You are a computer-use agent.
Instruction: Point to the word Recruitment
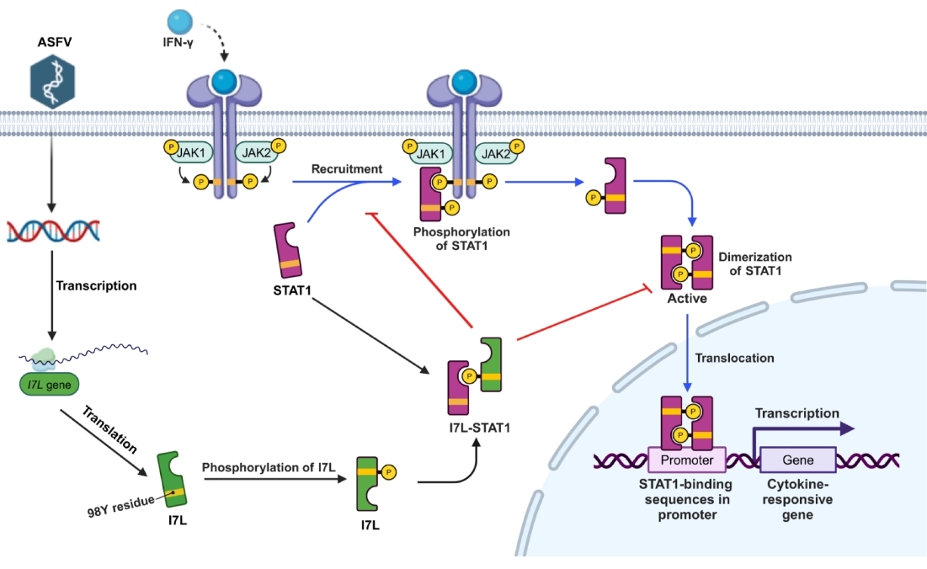click(347, 169)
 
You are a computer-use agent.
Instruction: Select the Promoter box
click(686, 460)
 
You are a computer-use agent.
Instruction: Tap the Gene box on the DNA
click(798, 460)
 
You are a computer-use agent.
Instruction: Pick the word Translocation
click(734, 358)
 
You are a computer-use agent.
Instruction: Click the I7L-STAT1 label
click(478, 427)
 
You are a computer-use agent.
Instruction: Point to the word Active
click(687, 298)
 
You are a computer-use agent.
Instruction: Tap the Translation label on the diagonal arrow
click(110, 428)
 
